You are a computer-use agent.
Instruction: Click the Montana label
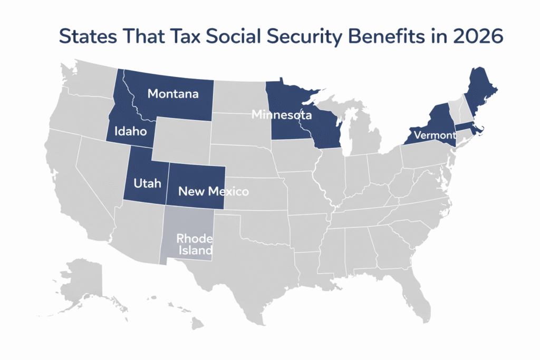(173, 94)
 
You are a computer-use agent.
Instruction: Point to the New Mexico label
(213, 191)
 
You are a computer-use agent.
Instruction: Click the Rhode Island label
(194, 244)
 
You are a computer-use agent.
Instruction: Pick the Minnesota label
(281, 114)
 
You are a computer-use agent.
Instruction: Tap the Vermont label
(435, 135)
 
